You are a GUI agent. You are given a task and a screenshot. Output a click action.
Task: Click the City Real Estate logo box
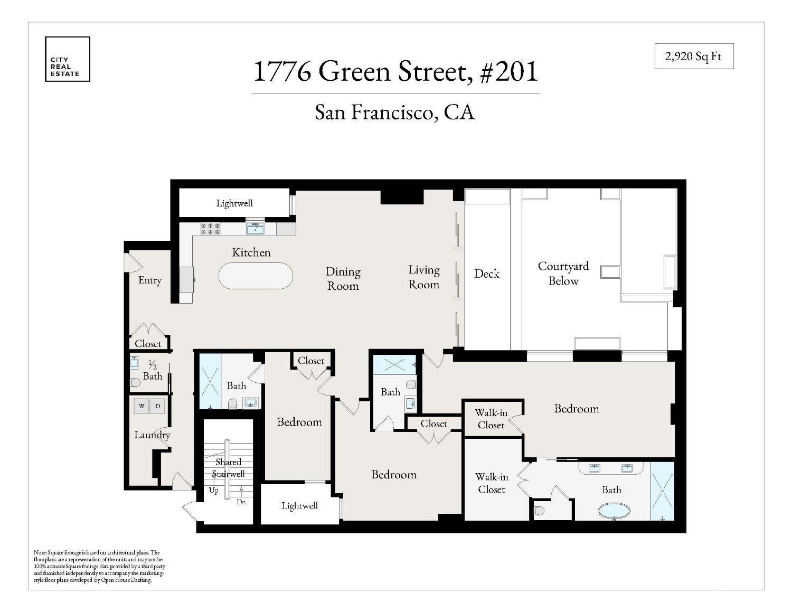tap(67, 59)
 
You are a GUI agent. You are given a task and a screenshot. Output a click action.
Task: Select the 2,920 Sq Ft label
tap(694, 57)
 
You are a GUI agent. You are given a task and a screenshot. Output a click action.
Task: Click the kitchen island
tap(256, 276)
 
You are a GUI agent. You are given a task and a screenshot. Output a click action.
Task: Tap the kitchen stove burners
tap(210, 229)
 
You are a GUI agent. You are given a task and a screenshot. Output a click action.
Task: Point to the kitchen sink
tap(256, 229)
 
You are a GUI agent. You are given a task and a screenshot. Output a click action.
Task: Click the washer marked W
tap(142, 406)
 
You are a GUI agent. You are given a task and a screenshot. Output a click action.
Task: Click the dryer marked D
tap(157, 406)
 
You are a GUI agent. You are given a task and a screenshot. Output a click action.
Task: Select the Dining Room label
tap(343, 279)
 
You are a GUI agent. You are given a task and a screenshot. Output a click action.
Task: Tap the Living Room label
tap(423, 277)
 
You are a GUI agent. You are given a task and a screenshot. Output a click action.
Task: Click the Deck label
tap(486, 274)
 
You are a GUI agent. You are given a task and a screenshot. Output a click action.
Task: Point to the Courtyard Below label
tap(563, 274)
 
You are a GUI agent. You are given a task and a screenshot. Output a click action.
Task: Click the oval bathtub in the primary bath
tap(614, 511)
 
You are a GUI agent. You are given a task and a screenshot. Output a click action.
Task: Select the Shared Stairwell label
tap(228, 468)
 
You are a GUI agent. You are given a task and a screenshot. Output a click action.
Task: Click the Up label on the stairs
tap(213, 491)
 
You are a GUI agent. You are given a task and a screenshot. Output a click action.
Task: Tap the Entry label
tap(149, 280)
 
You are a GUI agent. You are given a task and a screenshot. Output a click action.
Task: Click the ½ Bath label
tap(153, 371)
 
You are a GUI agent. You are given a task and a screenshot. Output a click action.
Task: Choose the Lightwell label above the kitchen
tap(234, 203)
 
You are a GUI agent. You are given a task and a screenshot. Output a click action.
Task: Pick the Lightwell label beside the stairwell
tap(299, 506)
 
